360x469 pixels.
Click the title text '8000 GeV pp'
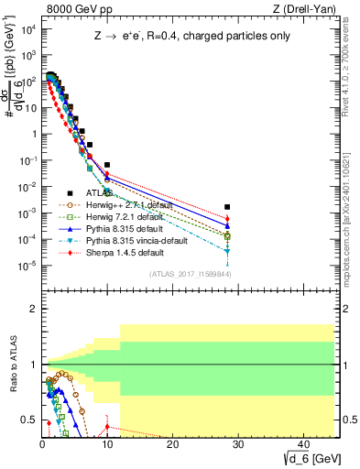(71, 8)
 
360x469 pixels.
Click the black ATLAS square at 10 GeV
(107, 165)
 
